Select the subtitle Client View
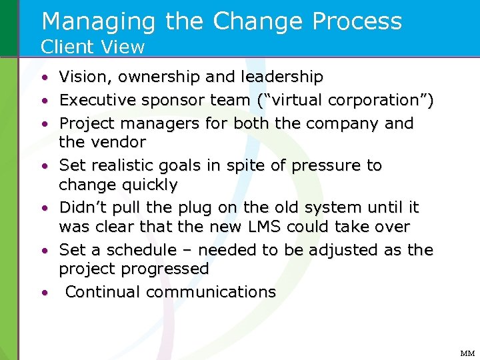coord(93,47)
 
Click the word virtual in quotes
coord(298,101)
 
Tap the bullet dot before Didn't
coord(43,208)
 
